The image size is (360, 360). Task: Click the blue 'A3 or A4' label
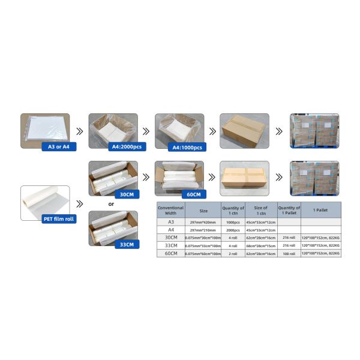58,146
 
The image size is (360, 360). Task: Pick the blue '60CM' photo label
193,194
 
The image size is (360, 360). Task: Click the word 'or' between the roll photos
112,203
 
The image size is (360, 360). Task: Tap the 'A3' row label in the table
170,221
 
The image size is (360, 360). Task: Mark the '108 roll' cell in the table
288,254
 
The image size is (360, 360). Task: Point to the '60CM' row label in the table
170,254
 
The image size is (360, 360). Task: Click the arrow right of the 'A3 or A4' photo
79,130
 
